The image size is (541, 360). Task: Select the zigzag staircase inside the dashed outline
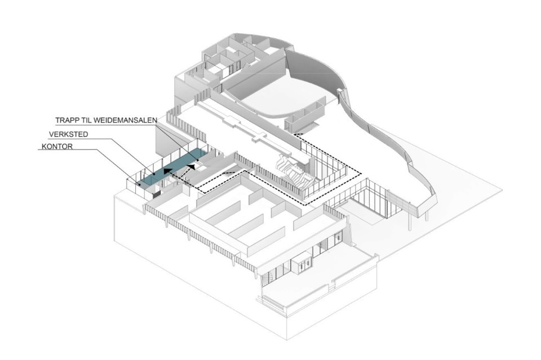[x=292, y=170]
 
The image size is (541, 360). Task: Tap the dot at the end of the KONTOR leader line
[x=138, y=184]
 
